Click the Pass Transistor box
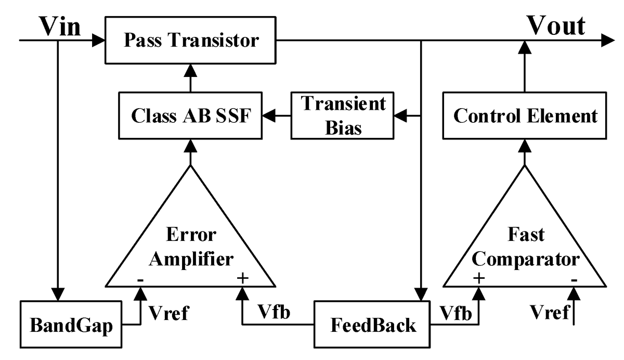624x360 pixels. pos(191,40)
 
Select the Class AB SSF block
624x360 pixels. pos(191,115)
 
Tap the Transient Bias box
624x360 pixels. pos(343,115)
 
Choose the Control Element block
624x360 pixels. pos(525,115)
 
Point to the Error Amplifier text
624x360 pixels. pos(191,247)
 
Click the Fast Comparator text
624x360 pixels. pos(525,247)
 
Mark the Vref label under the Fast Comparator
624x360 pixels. pos(550,313)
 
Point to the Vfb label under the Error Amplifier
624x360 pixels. pos(274,313)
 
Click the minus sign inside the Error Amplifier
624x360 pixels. pos(140,279)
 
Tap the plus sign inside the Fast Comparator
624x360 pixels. pos(478,278)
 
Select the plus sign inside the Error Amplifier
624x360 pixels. pos(242,278)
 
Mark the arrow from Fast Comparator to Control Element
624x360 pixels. pos(525,151)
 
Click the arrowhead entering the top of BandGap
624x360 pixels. pos(58,294)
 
